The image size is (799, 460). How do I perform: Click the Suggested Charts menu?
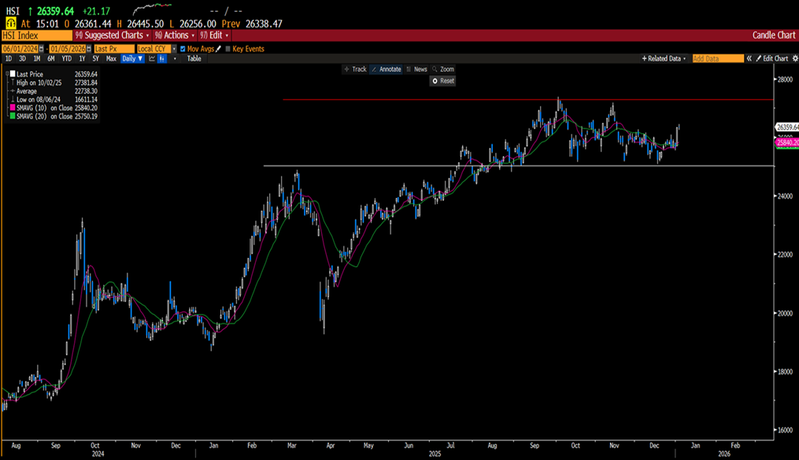click(113, 35)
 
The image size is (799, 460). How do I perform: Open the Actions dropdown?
click(173, 35)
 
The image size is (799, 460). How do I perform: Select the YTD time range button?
click(66, 58)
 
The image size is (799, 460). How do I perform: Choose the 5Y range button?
click(95, 58)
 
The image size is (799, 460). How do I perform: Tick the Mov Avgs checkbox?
click(183, 49)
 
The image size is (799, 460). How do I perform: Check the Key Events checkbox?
click(228, 49)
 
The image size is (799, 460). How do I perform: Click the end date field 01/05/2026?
click(66, 49)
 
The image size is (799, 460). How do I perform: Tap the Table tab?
click(194, 58)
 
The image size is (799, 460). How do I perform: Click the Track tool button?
click(355, 69)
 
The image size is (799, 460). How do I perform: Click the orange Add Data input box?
click(717, 58)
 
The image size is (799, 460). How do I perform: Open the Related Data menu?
click(664, 58)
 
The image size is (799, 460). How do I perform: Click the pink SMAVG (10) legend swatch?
click(9, 109)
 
